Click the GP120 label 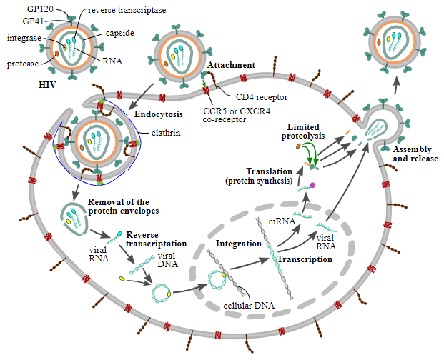coord(40,9)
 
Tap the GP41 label coord(33,21)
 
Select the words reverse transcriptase coord(127,10)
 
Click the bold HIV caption coord(47,84)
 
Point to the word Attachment coord(231,65)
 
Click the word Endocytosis coord(158,114)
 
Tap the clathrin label coord(166,133)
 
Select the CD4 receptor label coord(262,97)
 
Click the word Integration coord(239,244)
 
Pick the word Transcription coord(305,259)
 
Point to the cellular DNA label coord(249,306)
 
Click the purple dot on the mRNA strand coord(312,185)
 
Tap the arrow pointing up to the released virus coord(397,84)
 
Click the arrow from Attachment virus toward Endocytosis coord(141,96)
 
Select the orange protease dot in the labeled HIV coord(57,53)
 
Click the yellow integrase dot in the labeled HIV coord(64,47)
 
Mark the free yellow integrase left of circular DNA coord(122,279)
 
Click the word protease coord(23,64)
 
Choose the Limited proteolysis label coord(303,131)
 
